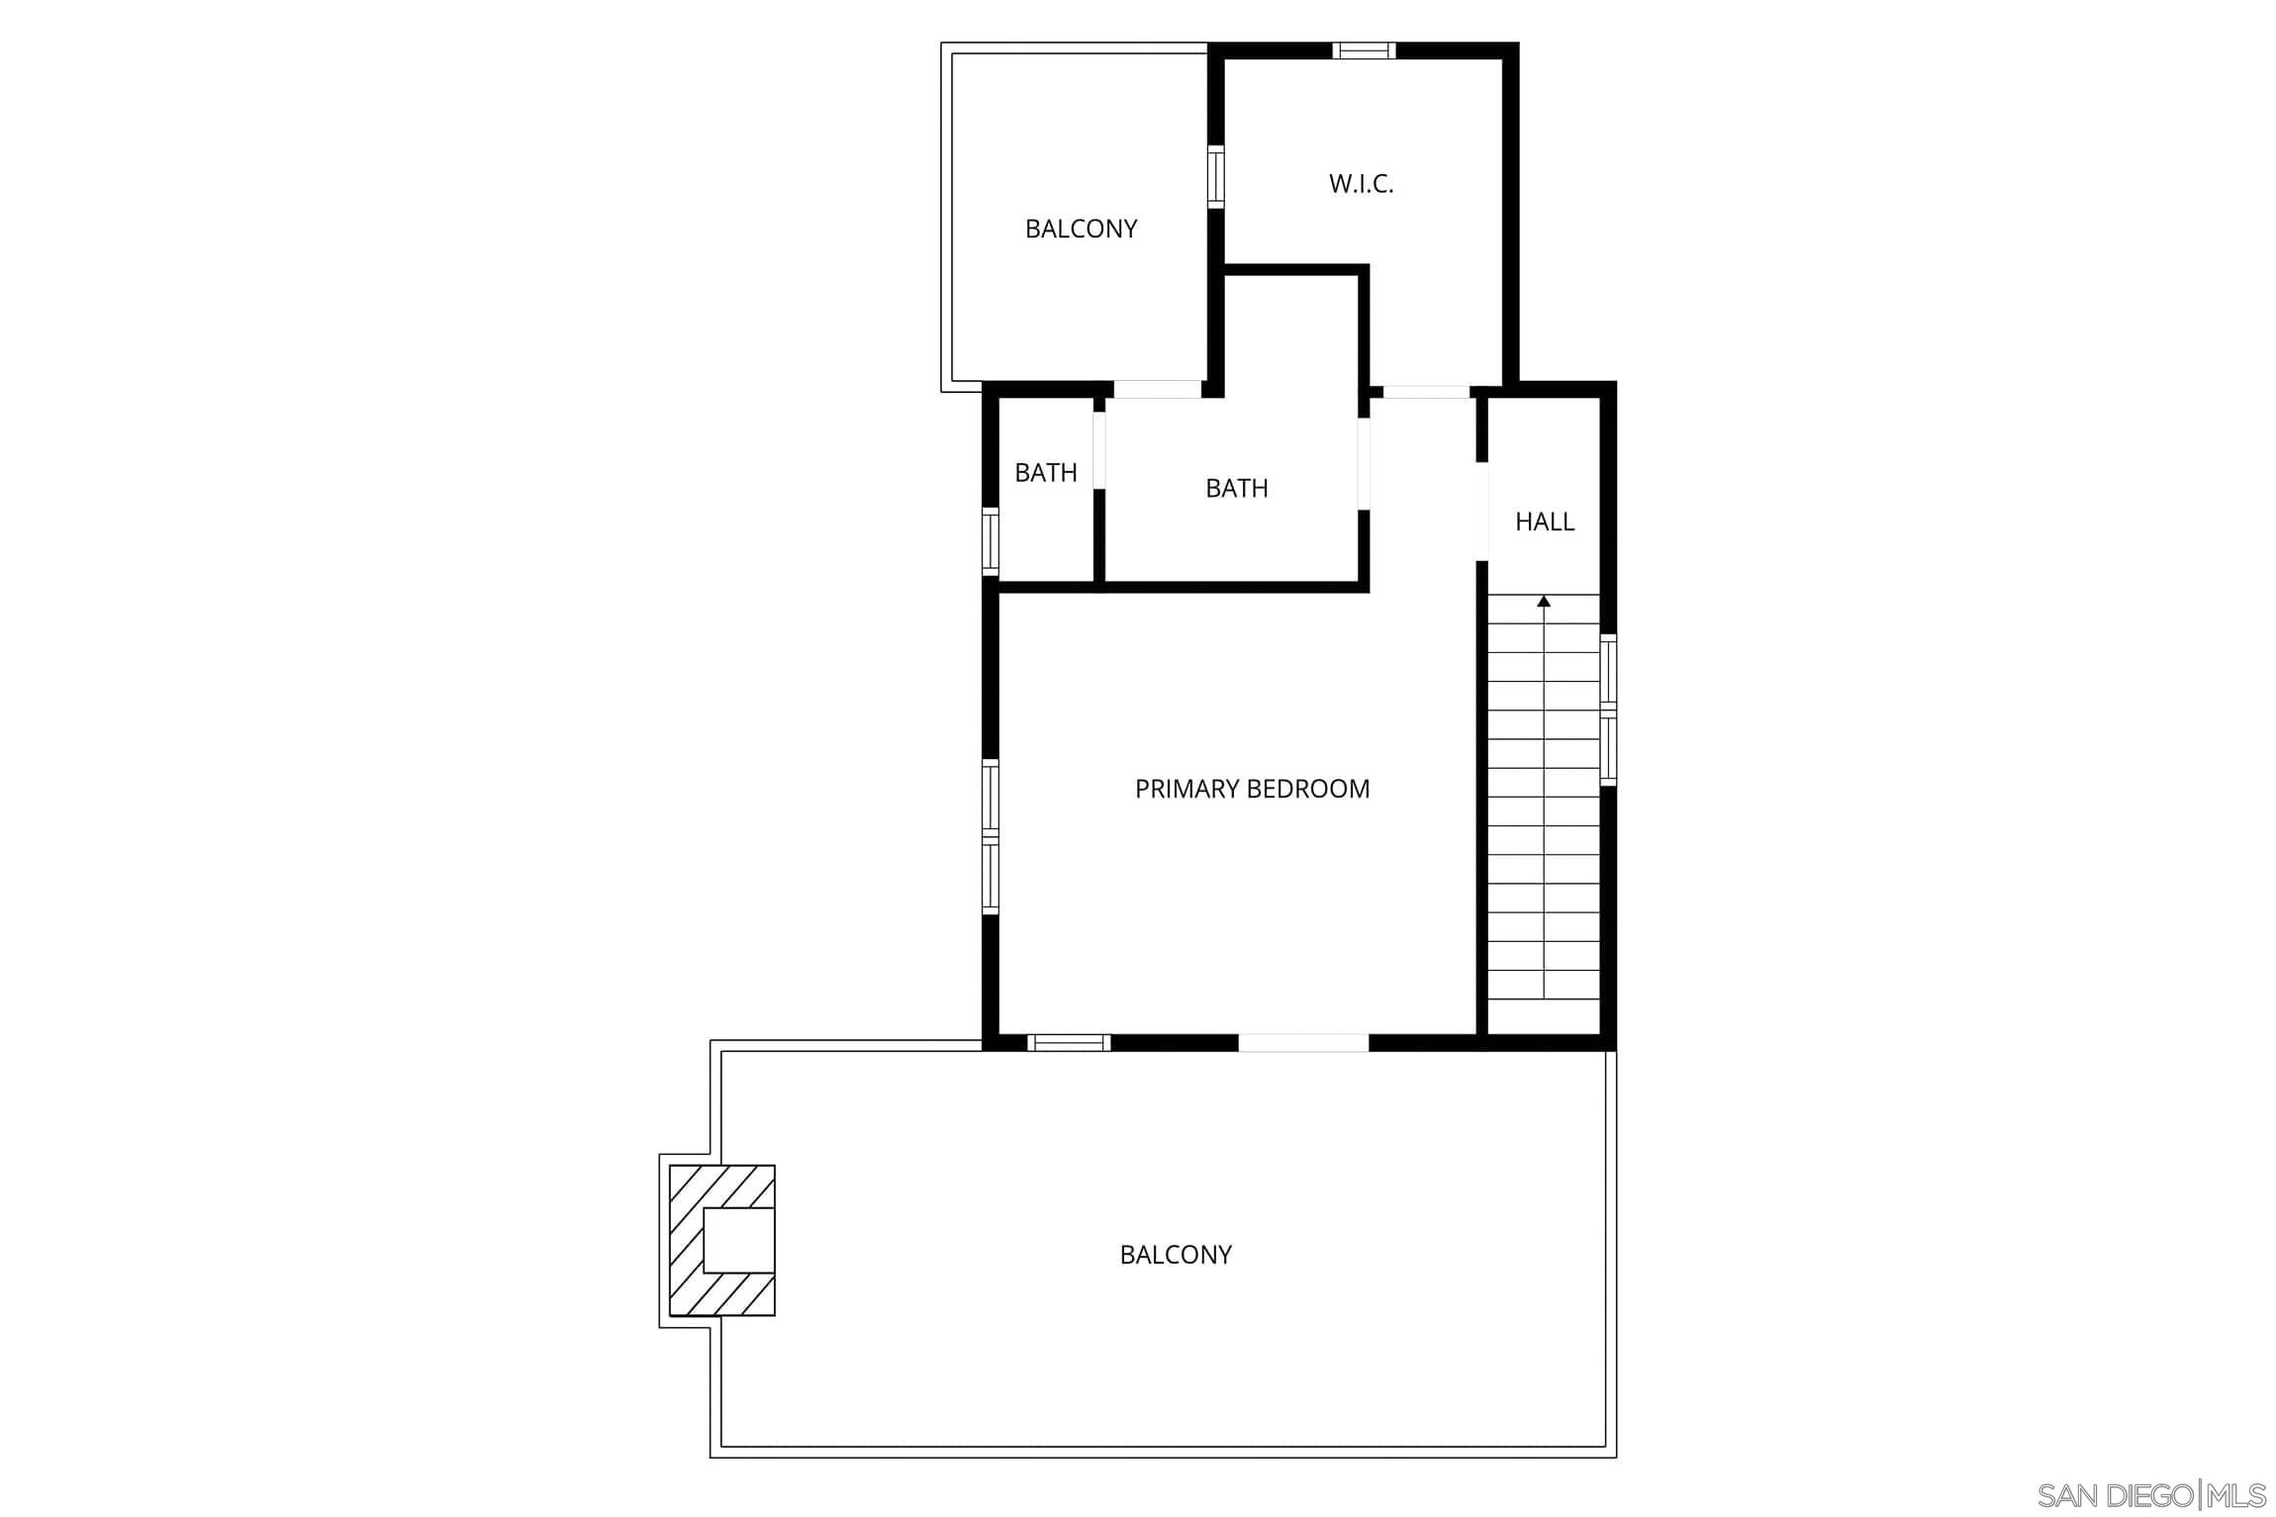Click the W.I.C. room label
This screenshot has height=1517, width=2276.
pyautogui.click(x=1361, y=184)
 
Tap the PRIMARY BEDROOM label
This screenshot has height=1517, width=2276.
pyautogui.click(x=1252, y=789)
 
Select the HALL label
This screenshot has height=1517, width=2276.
pyautogui.click(x=1544, y=521)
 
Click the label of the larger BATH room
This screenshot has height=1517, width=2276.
pyautogui.click(x=1236, y=488)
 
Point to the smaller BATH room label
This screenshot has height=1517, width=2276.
pyautogui.click(x=1046, y=473)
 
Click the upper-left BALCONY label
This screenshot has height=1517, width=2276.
pyautogui.click(x=1081, y=229)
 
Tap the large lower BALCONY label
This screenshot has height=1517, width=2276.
pyautogui.click(x=1176, y=1255)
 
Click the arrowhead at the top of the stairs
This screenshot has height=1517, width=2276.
pyautogui.click(x=1544, y=601)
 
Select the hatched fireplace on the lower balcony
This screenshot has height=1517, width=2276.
pyautogui.click(x=722, y=1240)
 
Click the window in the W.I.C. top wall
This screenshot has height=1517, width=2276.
pyautogui.click(x=1364, y=50)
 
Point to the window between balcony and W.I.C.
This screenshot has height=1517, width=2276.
pyautogui.click(x=1215, y=177)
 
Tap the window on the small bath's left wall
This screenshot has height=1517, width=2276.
pyautogui.click(x=990, y=541)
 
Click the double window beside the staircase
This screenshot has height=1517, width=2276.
pyautogui.click(x=1608, y=711)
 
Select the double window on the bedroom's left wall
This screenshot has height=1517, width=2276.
pyautogui.click(x=990, y=837)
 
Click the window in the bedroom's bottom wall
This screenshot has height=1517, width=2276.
pyautogui.click(x=1069, y=1042)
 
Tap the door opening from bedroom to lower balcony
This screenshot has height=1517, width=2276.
pyautogui.click(x=1303, y=1042)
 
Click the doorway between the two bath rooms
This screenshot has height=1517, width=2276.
pyautogui.click(x=1098, y=450)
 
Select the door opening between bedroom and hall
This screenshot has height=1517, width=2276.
pyautogui.click(x=1481, y=512)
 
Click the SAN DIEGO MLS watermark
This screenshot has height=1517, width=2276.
pyautogui.click(x=2151, y=1494)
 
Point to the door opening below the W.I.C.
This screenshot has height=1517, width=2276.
pyautogui.click(x=1425, y=392)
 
